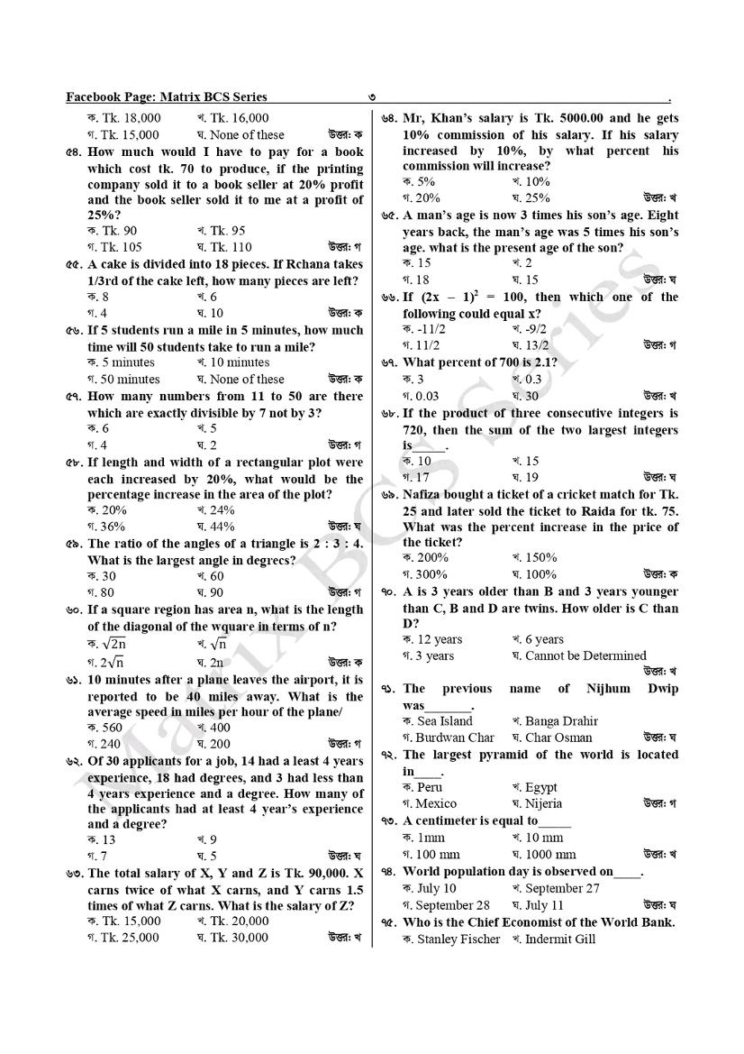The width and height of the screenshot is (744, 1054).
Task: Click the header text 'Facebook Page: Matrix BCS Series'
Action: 167,97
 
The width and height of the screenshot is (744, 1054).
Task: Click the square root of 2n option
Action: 112,644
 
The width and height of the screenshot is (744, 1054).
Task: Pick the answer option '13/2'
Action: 536,345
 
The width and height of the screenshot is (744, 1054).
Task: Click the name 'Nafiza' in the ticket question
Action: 426,495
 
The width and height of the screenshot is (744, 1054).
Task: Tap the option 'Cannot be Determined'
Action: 585,656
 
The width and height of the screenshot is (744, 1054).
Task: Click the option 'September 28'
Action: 452,905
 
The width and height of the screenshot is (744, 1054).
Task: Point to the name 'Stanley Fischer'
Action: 458,939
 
